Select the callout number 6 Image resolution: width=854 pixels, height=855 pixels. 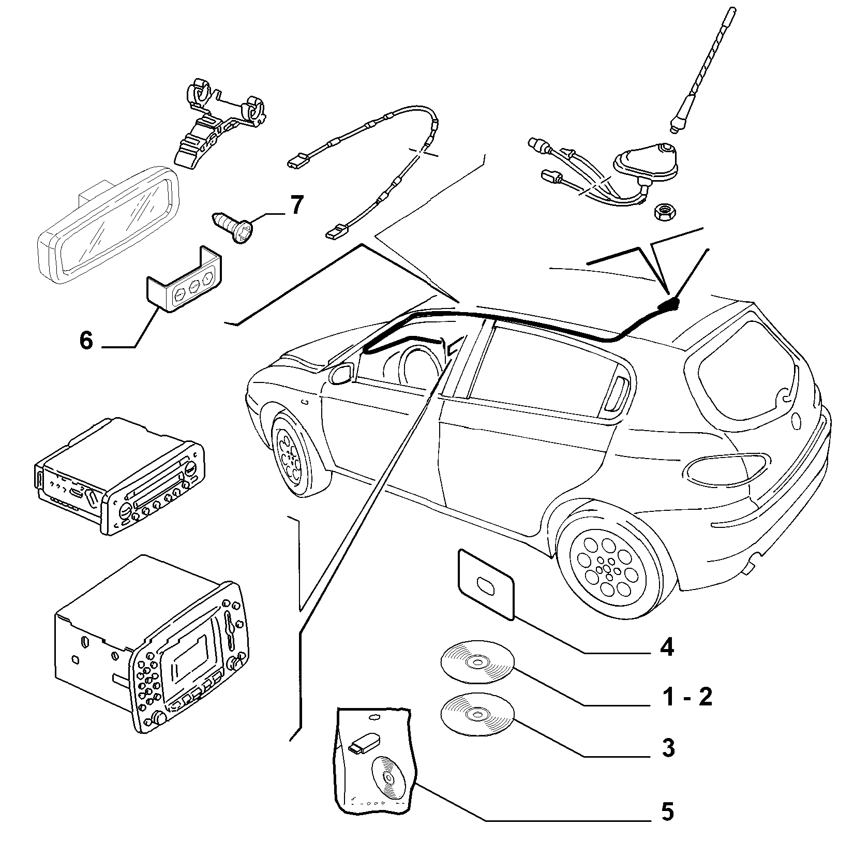click(x=86, y=341)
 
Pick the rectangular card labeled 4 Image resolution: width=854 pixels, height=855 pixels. click(x=485, y=584)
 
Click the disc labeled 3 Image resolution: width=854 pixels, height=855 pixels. click(x=477, y=713)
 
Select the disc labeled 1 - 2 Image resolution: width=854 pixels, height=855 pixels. click(x=477, y=662)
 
